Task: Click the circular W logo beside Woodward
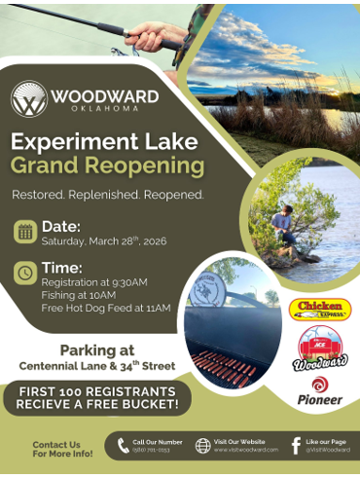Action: click(28, 98)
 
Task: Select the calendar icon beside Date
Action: click(25, 232)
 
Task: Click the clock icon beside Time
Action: click(25, 274)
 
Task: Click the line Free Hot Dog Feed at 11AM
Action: click(105, 309)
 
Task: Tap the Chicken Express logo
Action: click(320, 310)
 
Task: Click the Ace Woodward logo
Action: click(320, 349)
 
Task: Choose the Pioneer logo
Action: click(319, 391)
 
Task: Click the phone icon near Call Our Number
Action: click(123, 446)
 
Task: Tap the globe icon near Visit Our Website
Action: click(202, 446)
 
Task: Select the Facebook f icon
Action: click(296, 445)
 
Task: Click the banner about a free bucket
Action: click(97, 397)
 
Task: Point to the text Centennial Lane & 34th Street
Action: click(97, 366)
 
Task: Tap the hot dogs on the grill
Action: click(226, 365)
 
